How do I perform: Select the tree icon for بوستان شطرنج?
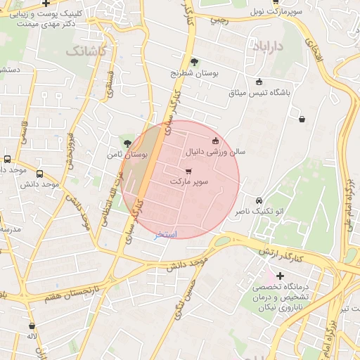click(x=195, y=62)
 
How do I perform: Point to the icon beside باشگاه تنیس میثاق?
click(x=259, y=82)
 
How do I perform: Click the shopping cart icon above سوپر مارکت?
click(x=188, y=171)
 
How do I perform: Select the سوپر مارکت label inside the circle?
click(x=189, y=181)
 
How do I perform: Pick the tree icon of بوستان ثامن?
click(x=127, y=143)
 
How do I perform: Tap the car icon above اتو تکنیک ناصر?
click(x=259, y=200)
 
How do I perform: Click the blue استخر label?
click(x=166, y=234)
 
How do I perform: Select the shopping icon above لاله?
click(x=32, y=326)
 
